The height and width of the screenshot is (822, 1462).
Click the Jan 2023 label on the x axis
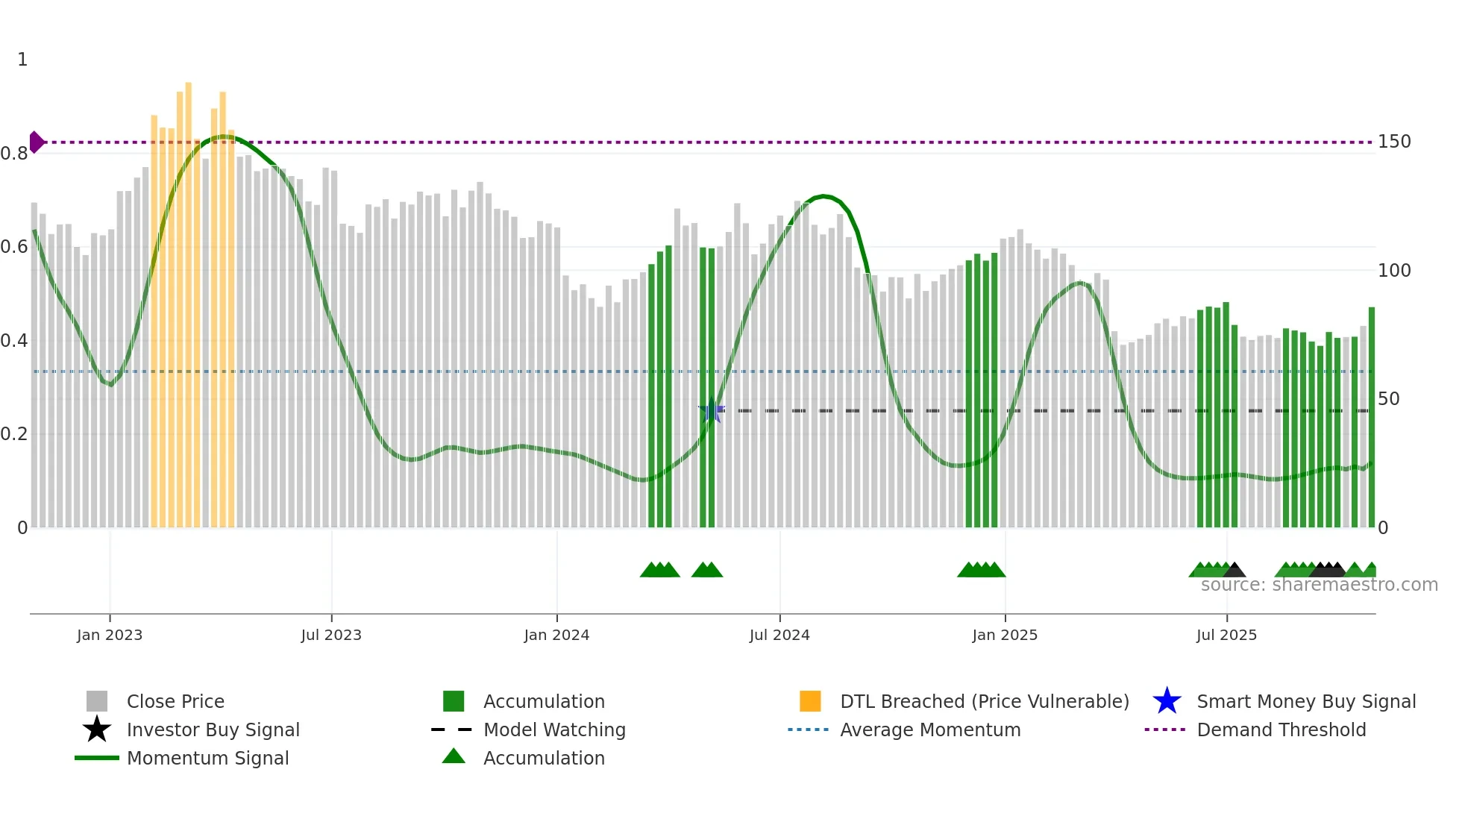tap(110, 635)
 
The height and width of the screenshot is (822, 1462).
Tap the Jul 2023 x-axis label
tap(331, 635)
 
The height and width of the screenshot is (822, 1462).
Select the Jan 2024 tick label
tap(556, 635)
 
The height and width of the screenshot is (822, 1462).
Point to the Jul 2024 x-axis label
tap(779, 635)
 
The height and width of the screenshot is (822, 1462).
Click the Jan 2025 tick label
tap(1005, 635)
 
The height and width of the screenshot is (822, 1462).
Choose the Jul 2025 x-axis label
tap(1226, 635)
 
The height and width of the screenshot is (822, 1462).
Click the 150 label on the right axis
tap(1394, 142)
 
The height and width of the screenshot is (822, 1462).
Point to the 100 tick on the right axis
tap(1394, 271)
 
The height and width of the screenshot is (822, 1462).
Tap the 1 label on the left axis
tap(22, 60)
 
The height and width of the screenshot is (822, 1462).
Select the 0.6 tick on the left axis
tap(14, 247)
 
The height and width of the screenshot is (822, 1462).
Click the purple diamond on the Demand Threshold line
tap(37, 142)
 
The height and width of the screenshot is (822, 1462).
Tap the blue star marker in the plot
tap(712, 411)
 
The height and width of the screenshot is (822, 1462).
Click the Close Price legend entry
tap(175, 701)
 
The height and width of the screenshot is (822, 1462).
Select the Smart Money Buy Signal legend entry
tap(1306, 701)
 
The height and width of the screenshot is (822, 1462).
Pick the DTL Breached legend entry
tap(984, 701)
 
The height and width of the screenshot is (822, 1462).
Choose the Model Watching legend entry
tap(554, 730)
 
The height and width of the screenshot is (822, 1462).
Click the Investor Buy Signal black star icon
tap(97, 730)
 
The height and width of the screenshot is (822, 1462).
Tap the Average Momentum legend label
tap(930, 730)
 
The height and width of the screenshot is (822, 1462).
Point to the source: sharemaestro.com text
tap(1319, 585)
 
